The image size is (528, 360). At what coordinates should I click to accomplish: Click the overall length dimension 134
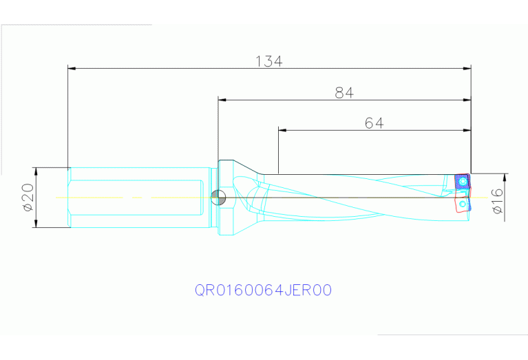269,61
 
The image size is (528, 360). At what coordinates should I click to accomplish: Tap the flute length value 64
374,123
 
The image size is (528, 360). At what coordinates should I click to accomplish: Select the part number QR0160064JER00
264,290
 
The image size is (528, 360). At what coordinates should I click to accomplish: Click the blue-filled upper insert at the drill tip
461,182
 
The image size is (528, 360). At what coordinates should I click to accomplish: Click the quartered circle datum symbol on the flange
218,198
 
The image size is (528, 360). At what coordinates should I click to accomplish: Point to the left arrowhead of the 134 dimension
72,68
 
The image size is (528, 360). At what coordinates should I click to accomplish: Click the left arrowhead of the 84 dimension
222,99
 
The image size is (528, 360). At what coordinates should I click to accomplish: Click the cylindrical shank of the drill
138,198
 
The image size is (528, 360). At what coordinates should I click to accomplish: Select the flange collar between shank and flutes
227,198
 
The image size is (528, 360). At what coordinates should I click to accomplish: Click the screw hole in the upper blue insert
463,182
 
